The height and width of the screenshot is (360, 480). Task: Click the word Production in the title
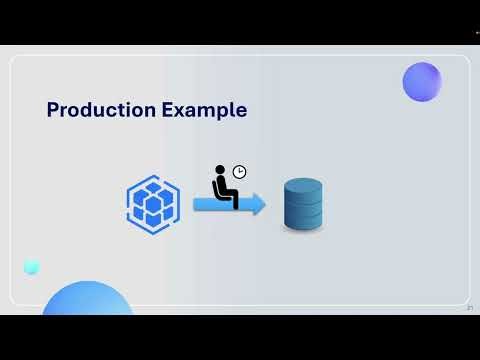[x=102, y=110]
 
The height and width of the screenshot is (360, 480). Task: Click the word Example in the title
[x=205, y=110]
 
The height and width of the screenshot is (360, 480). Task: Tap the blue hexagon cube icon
[x=153, y=203]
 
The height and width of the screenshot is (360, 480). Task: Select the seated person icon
[x=225, y=188]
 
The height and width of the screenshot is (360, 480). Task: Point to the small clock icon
[x=239, y=172]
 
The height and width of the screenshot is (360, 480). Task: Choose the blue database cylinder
[x=303, y=205]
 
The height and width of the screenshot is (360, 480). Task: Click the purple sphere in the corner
[x=422, y=82]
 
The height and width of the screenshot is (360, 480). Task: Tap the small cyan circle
[x=31, y=266]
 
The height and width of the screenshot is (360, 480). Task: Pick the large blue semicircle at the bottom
[x=88, y=299]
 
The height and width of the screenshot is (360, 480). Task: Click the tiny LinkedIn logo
[x=469, y=308]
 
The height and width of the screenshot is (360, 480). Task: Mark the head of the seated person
[x=223, y=172]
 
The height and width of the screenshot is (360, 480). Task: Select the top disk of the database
[x=303, y=187]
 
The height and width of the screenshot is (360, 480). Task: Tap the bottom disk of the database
[x=303, y=223]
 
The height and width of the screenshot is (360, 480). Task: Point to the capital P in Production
[x=54, y=110]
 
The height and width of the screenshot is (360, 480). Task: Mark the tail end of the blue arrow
[x=196, y=204]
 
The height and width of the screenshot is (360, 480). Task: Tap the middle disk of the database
[x=303, y=205]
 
